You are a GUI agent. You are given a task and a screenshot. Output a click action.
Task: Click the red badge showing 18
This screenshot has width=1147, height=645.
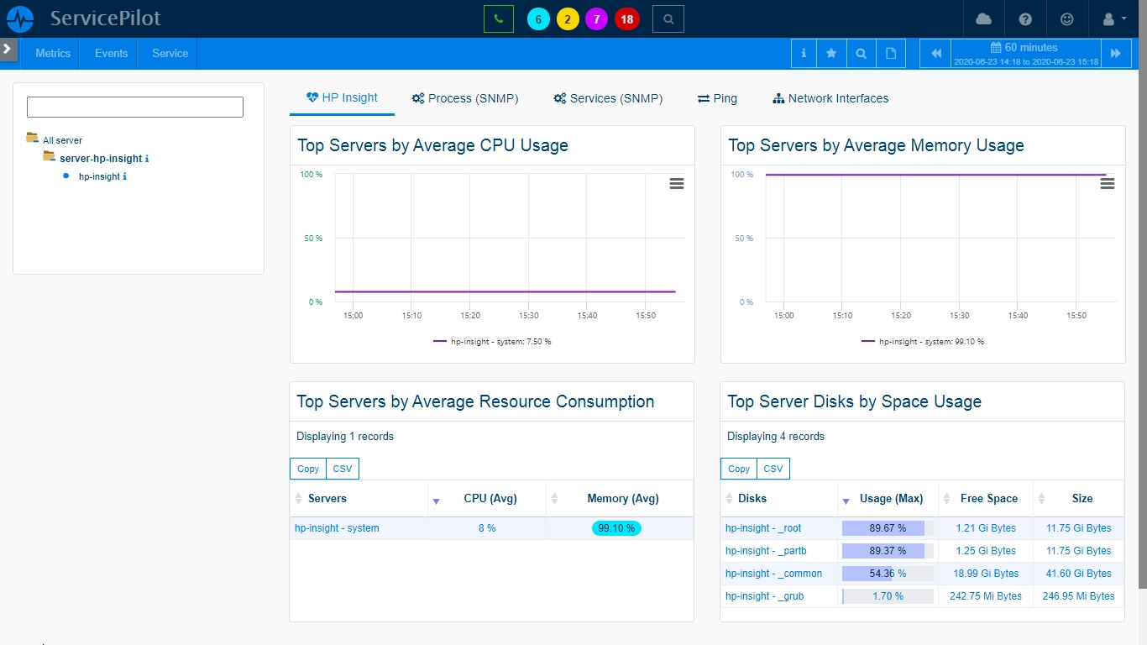(x=626, y=19)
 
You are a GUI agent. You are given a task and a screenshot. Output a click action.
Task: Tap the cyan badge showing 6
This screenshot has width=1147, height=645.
(x=538, y=19)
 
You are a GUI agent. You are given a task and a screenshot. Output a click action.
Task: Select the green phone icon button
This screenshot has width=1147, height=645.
(x=498, y=19)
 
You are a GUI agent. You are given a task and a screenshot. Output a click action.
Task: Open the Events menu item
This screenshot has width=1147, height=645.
(x=111, y=53)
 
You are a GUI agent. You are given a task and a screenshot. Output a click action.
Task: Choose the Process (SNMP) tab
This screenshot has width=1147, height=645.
(x=465, y=98)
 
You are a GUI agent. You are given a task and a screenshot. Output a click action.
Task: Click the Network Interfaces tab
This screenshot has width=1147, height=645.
(x=830, y=98)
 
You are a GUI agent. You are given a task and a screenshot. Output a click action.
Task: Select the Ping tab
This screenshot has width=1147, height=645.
(x=717, y=98)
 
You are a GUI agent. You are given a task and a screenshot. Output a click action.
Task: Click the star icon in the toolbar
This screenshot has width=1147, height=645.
(x=831, y=53)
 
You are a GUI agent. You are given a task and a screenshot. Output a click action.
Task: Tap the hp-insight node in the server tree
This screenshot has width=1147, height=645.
(x=99, y=176)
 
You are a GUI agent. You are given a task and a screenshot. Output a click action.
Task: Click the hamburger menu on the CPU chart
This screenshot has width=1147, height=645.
(x=677, y=183)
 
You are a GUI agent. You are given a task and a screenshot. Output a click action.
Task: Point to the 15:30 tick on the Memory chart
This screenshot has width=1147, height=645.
(x=959, y=315)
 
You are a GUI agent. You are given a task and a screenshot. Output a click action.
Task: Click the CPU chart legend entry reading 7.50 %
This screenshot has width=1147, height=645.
(x=492, y=341)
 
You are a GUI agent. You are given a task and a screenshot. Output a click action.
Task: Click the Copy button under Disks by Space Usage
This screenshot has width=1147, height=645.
(x=738, y=469)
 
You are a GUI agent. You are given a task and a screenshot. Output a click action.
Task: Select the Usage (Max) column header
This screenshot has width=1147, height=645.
(x=891, y=499)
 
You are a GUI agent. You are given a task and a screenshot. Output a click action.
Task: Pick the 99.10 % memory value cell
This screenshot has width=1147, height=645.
(x=616, y=528)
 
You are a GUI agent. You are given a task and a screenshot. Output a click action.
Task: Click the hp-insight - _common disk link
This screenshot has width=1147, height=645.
(x=773, y=574)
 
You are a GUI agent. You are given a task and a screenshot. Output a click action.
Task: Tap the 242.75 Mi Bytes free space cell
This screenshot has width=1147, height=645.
(x=985, y=595)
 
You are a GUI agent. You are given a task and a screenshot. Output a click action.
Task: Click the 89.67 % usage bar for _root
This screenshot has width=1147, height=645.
(x=888, y=528)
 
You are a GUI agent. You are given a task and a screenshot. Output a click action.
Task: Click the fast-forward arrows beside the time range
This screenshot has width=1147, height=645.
(x=1115, y=53)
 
